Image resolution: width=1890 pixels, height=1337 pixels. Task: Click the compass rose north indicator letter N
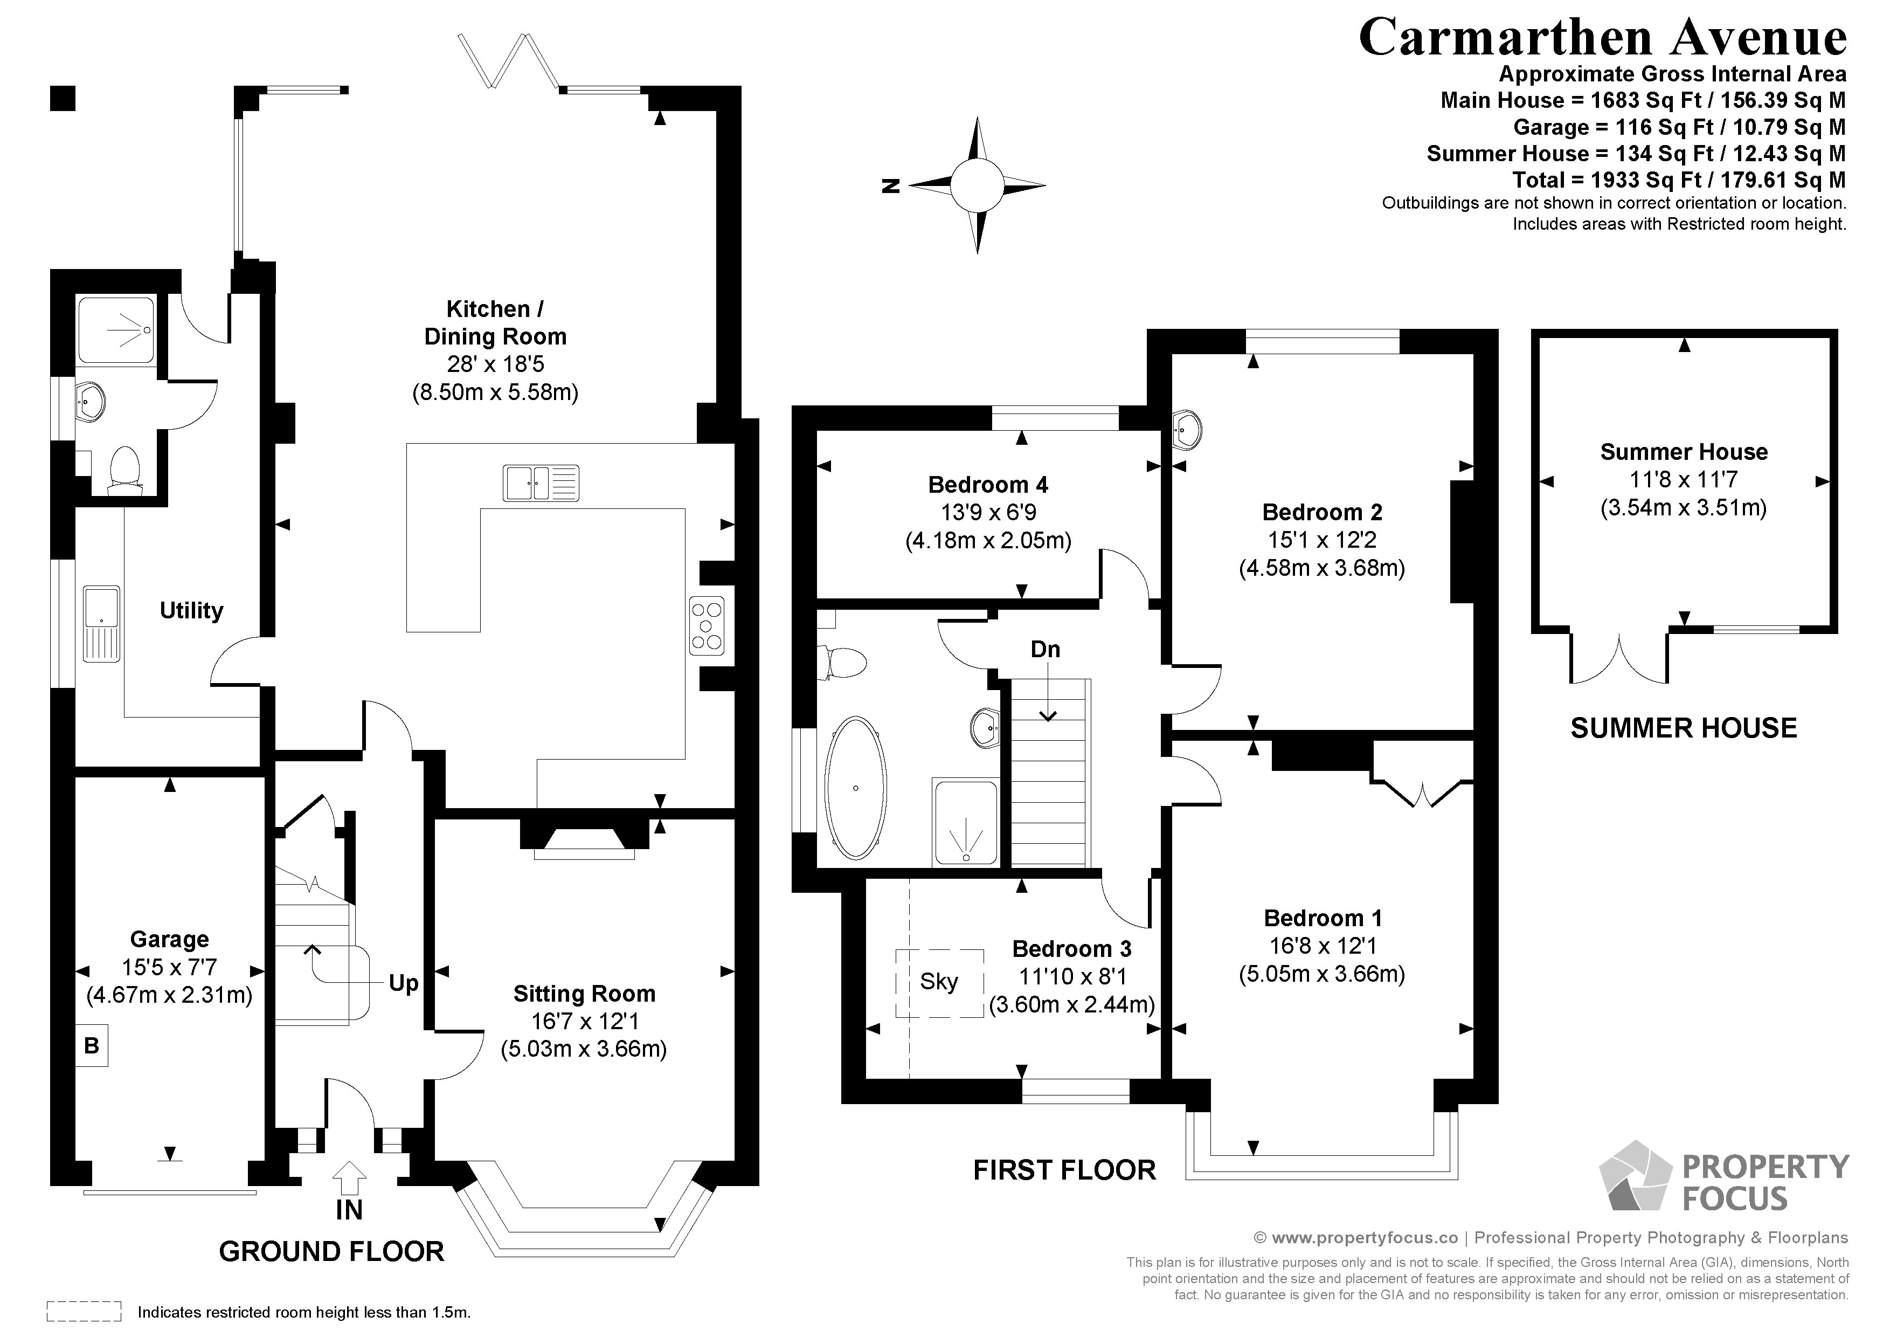click(x=890, y=186)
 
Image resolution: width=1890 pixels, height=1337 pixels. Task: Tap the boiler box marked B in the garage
click(x=92, y=1045)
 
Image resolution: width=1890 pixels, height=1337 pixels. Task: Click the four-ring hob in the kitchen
click(x=707, y=625)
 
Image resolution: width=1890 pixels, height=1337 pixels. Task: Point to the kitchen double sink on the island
click(x=541, y=483)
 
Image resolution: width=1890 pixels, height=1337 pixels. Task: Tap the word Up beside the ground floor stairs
click(x=403, y=983)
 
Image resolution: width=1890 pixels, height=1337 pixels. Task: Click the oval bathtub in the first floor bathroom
click(x=856, y=788)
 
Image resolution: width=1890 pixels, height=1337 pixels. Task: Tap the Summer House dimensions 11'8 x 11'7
click(x=1684, y=479)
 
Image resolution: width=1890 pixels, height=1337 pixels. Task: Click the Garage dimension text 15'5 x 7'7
click(x=170, y=967)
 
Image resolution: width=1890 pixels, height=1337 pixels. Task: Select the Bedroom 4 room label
click(x=988, y=484)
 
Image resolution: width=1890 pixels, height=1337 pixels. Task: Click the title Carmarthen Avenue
click(x=1602, y=37)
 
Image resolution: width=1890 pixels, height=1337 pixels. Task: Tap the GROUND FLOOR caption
click(x=332, y=1251)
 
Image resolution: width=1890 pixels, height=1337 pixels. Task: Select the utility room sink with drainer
click(x=101, y=623)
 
